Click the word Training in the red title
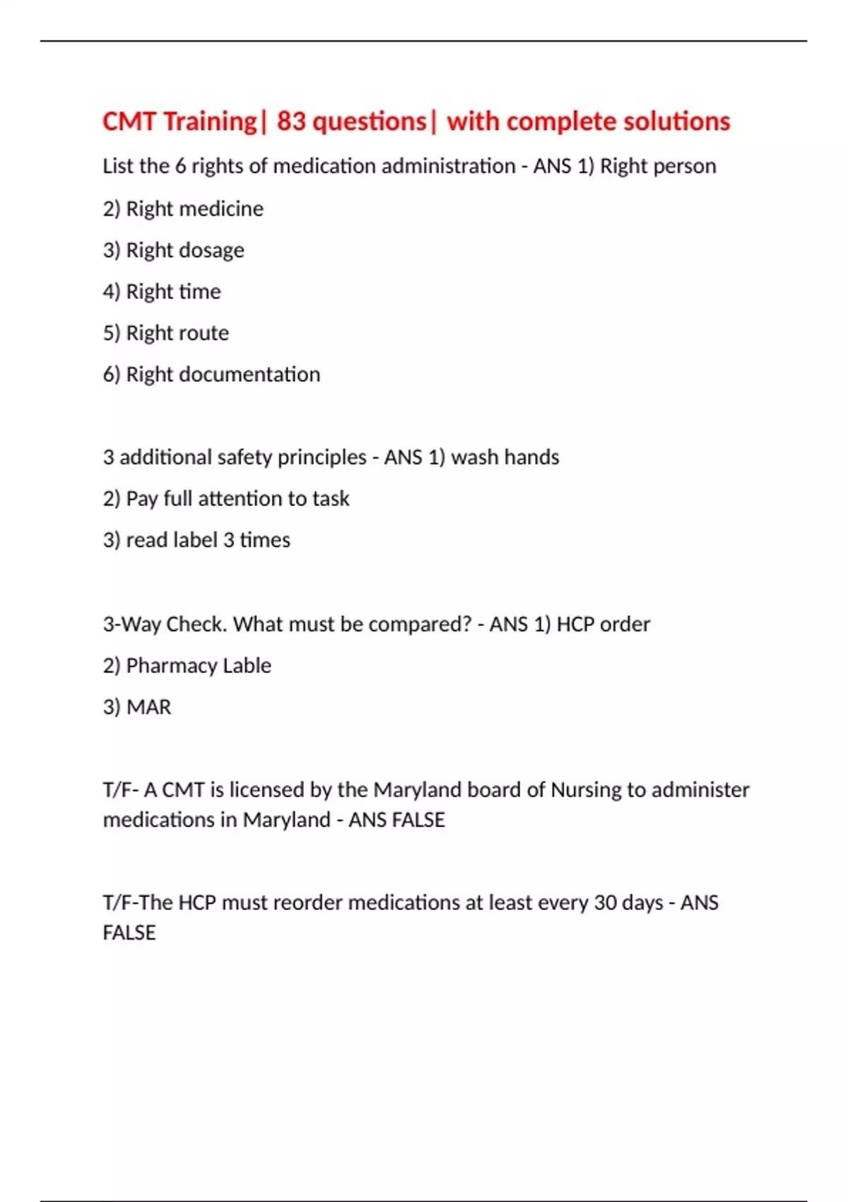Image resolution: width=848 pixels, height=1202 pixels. click(x=210, y=122)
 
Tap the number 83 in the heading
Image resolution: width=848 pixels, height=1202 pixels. click(x=291, y=122)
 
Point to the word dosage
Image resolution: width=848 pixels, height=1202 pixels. click(x=211, y=250)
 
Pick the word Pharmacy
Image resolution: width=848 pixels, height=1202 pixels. click(x=170, y=665)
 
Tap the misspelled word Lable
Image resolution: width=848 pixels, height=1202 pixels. click(x=247, y=665)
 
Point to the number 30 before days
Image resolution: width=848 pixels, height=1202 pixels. click(x=605, y=903)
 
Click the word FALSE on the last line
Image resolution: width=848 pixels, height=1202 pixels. click(x=129, y=933)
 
